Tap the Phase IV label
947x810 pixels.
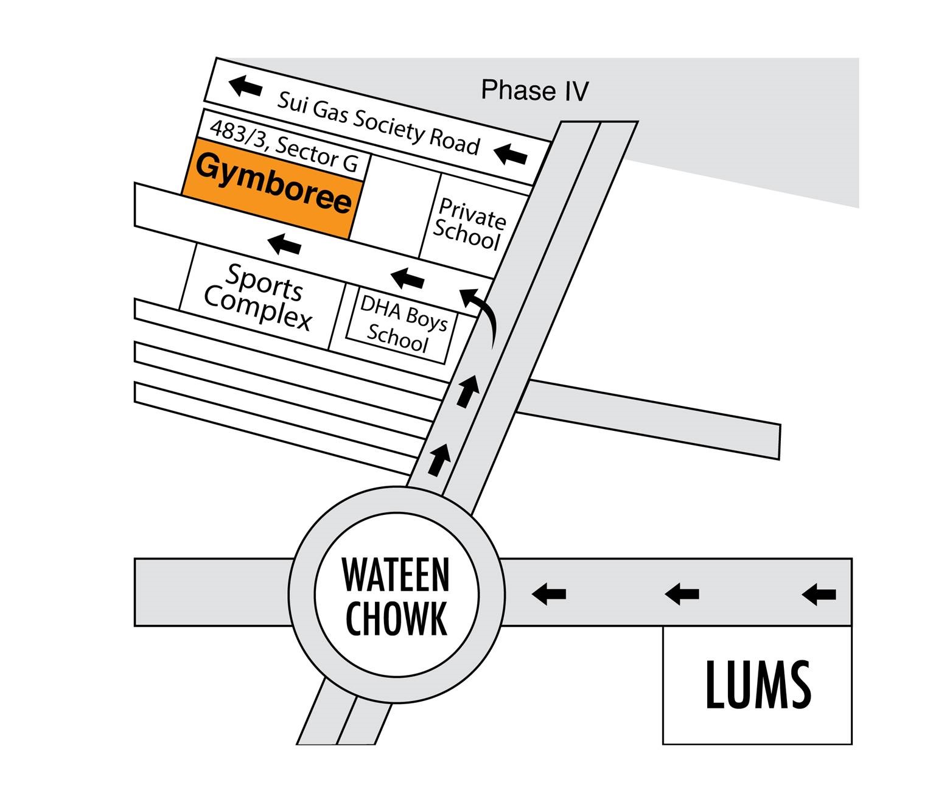pos(534,91)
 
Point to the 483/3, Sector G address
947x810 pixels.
pos(284,146)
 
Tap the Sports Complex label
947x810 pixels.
pos(259,296)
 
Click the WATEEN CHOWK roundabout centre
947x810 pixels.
pos(396,595)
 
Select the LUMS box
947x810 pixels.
pos(757,685)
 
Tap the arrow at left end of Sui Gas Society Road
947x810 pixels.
pos(245,86)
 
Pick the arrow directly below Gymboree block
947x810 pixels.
pos(284,244)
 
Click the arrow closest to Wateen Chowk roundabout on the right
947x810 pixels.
pos(549,593)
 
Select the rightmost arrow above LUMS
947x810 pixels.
pos(819,593)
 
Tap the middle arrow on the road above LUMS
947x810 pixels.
pos(682,593)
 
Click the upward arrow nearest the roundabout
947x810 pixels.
pos(439,459)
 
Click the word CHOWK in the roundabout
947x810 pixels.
pos(396,618)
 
